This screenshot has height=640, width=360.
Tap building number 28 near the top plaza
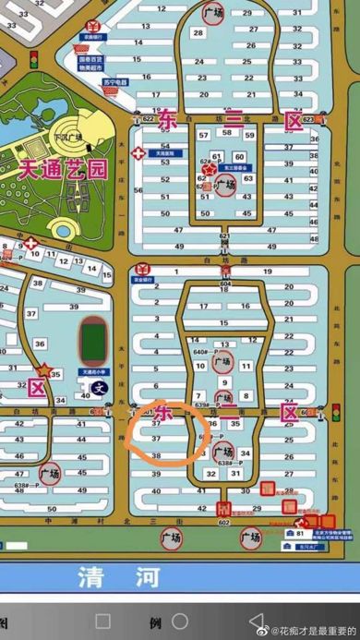pos(197,32)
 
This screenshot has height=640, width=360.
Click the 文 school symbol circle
pos(99,389)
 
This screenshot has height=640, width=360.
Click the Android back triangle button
pos(256,621)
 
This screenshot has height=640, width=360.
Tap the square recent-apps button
pos(103,621)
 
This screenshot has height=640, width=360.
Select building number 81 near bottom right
pos(301,533)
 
